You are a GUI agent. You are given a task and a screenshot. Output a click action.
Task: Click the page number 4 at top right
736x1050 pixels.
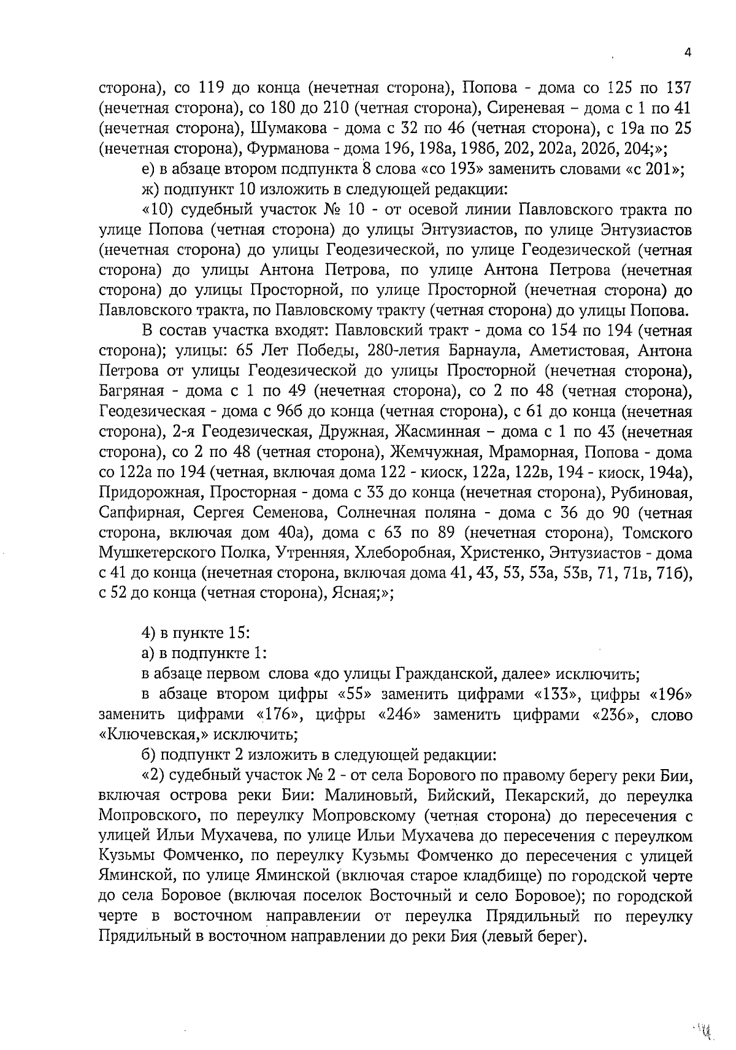click(x=688, y=53)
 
